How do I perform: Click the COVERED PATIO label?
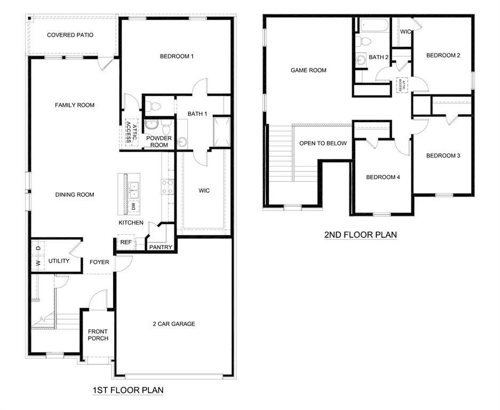click(x=70, y=35)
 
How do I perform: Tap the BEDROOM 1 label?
click(x=177, y=56)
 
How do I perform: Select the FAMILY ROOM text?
click(x=75, y=105)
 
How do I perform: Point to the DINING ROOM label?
click(x=75, y=195)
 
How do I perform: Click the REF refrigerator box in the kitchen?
click(x=126, y=242)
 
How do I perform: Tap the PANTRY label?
click(x=160, y=247)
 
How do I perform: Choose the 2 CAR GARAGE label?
click(x=173, y=324)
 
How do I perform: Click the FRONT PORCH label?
click(x=98, y=335)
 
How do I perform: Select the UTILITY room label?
click(x=59, y=261)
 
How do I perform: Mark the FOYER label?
click(x=99, y=262)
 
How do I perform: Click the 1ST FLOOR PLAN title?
click(x=128, y=390)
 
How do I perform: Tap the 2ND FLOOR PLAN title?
click(x=360, y=234)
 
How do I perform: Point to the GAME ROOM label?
click(x=308, y=70)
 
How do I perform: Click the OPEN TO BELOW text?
click(x=323, y=143)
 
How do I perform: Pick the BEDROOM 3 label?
click(x=443, y=156)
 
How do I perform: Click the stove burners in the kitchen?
click(x=167, y=185)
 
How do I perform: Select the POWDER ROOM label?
click(x=159, y=141)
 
